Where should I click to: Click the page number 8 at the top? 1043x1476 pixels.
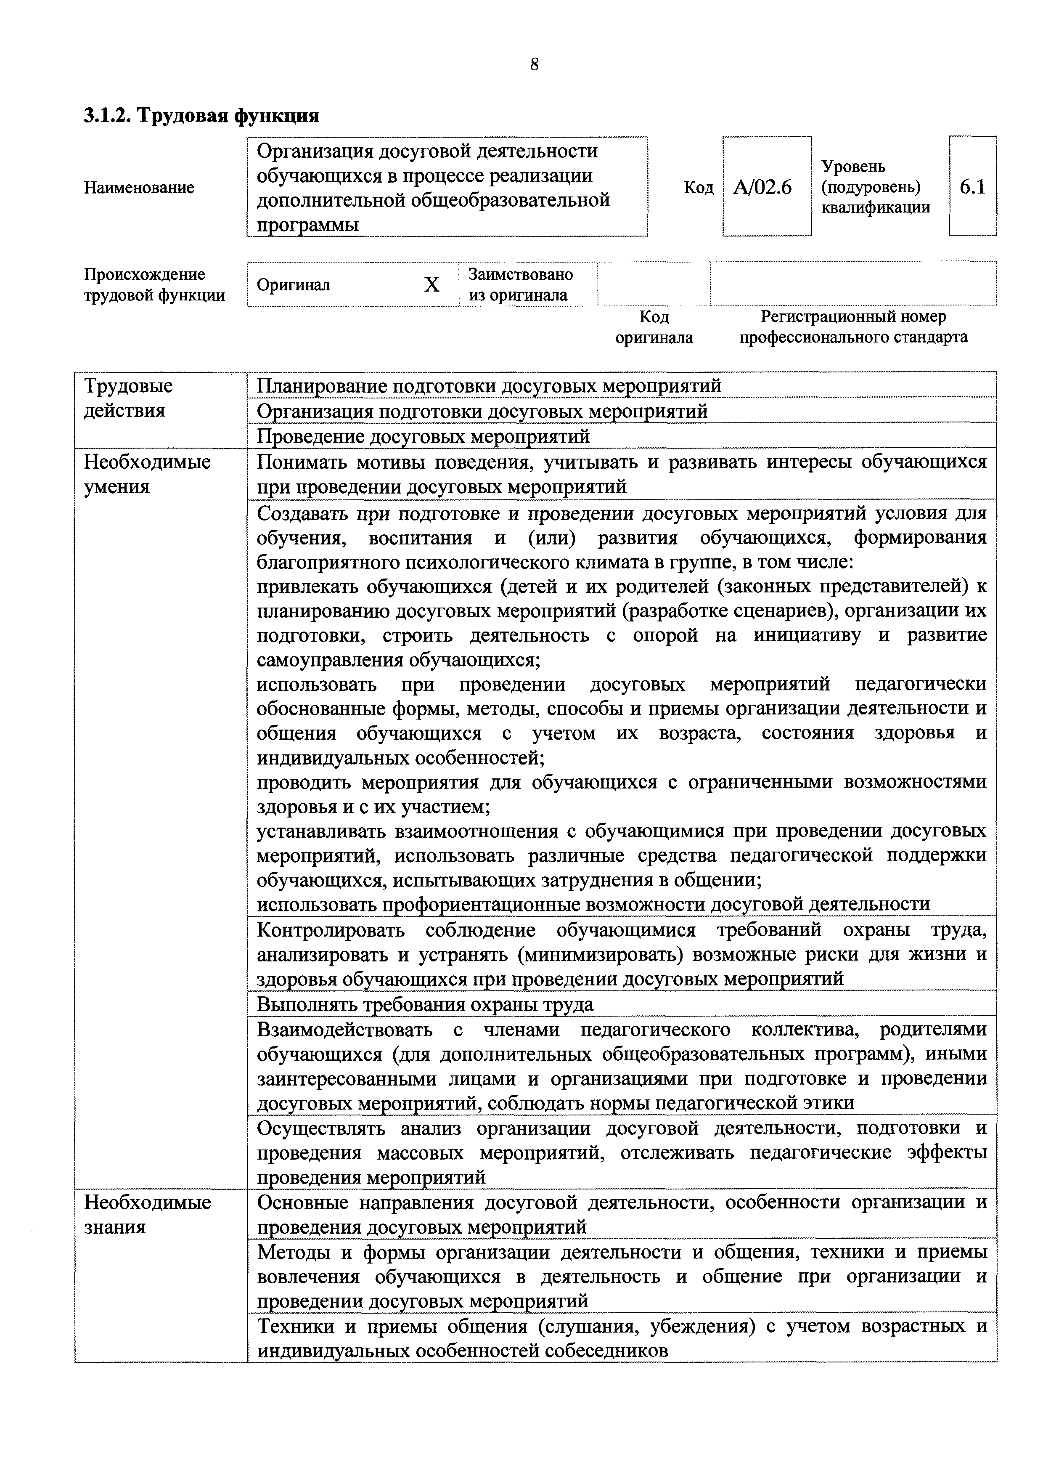pyautogui.click(x=534, y=64)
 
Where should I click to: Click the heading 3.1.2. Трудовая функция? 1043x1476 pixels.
pyautogui.click(x=201, y=116)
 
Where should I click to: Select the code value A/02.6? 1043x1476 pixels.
pyautogui.click(x=763, y=188)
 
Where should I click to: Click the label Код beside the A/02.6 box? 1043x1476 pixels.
pyautogui.click(x=698, y=188)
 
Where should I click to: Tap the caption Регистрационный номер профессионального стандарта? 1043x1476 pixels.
pyautogui.click(x=853, y=327)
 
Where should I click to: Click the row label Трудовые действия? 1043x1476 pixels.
pyautogui.click(x=129, y=398)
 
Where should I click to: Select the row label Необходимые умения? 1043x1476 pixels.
pyautogui.click(x=147, y=475)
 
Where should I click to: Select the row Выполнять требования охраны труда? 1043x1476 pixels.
pyautogui.click(x=425, y=1004)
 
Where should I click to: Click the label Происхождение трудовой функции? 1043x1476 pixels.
pyautogui.click(x=154, y=285)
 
